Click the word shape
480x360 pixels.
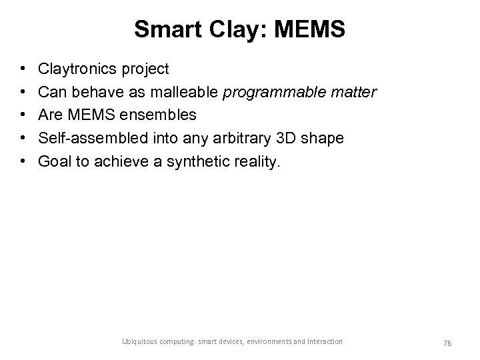coord(322,138)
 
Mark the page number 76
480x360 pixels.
coord(447,342)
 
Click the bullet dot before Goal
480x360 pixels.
coord(23,161)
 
